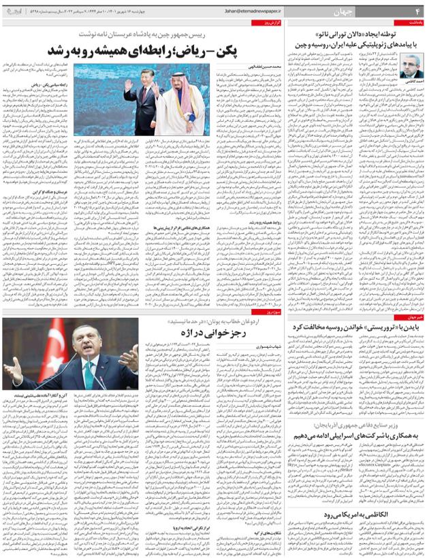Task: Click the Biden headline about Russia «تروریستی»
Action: click(x=355, y=327)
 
